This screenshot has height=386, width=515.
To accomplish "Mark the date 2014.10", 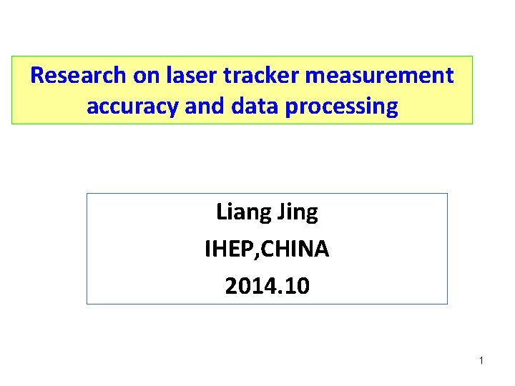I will point(267,286).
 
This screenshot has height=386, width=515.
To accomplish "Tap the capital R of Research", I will point(37,75).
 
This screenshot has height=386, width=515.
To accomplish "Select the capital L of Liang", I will point(221,212).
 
